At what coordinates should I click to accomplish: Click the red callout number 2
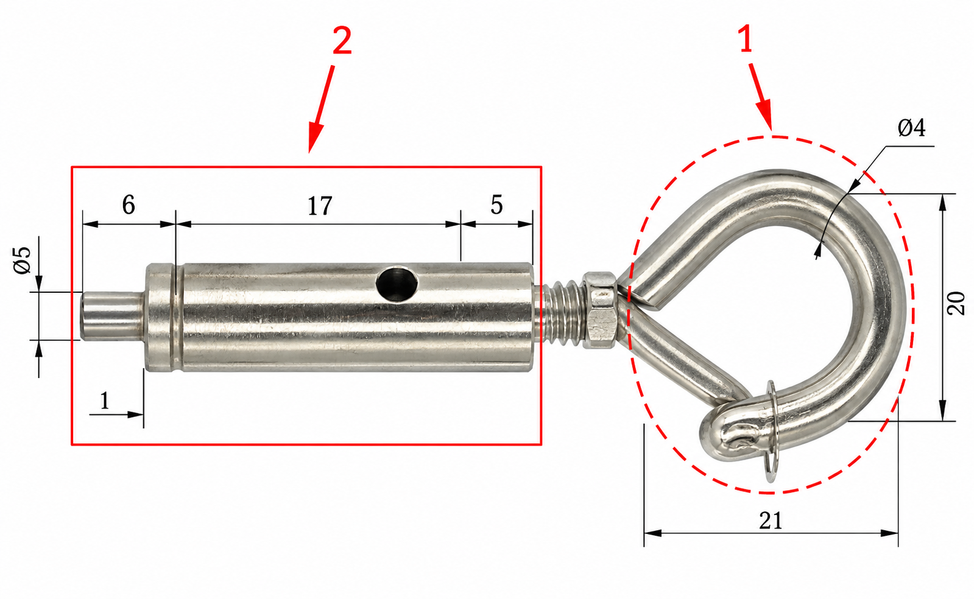(342, 41)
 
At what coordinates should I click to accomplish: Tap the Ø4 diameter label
(911, 128)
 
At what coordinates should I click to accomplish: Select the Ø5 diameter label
(23, 260)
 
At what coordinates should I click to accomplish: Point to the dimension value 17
(320, 206)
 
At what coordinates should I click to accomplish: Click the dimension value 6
(129, 205)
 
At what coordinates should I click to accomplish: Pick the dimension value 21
(771, 520)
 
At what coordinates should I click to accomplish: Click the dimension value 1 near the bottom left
(104, 401)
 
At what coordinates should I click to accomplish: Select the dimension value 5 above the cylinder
(496, 205)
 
